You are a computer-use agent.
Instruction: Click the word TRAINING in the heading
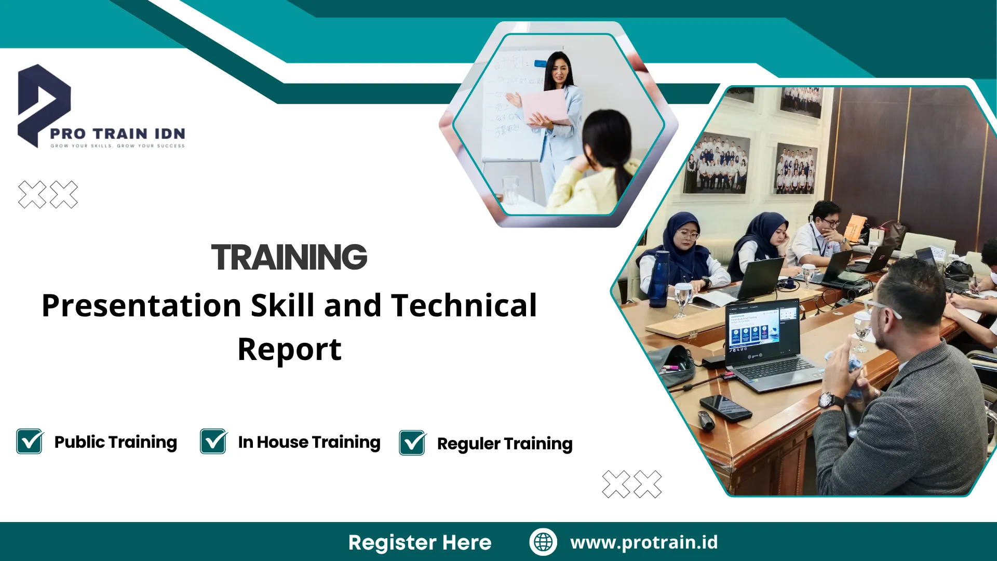pos(289,257)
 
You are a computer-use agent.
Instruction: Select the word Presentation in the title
pos(142,305)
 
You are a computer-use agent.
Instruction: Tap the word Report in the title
pos(289,350)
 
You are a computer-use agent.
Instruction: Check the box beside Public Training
pos(30,441)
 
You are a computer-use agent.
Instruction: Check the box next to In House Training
pos(213,441)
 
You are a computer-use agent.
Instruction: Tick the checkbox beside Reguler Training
pos(413,443)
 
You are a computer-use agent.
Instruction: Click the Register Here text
pos(420,542)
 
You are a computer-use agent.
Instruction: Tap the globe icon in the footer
pos(543,542)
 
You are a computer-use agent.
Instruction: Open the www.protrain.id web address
pos(644,542)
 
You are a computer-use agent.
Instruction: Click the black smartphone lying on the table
pos(725,407)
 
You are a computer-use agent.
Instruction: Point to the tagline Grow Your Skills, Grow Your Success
pos(117,146)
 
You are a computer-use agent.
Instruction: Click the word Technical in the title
pos(464,305)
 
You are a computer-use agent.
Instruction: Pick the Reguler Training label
pos(505,444)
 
